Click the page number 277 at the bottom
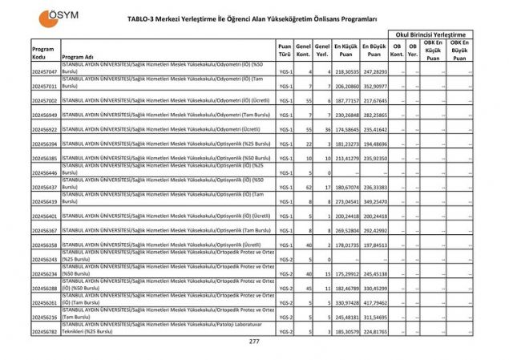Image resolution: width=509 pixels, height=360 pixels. click(x=255, y=342)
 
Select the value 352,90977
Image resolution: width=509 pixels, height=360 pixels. click(x=374, y=86)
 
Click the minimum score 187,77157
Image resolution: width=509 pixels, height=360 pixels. click(x=345, y=101)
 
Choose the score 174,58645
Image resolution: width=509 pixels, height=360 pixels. click(x=345, y=129)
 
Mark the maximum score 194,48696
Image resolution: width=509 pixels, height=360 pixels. click(x=374, y=144)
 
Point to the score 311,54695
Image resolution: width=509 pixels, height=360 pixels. click(x=374, y=317)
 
